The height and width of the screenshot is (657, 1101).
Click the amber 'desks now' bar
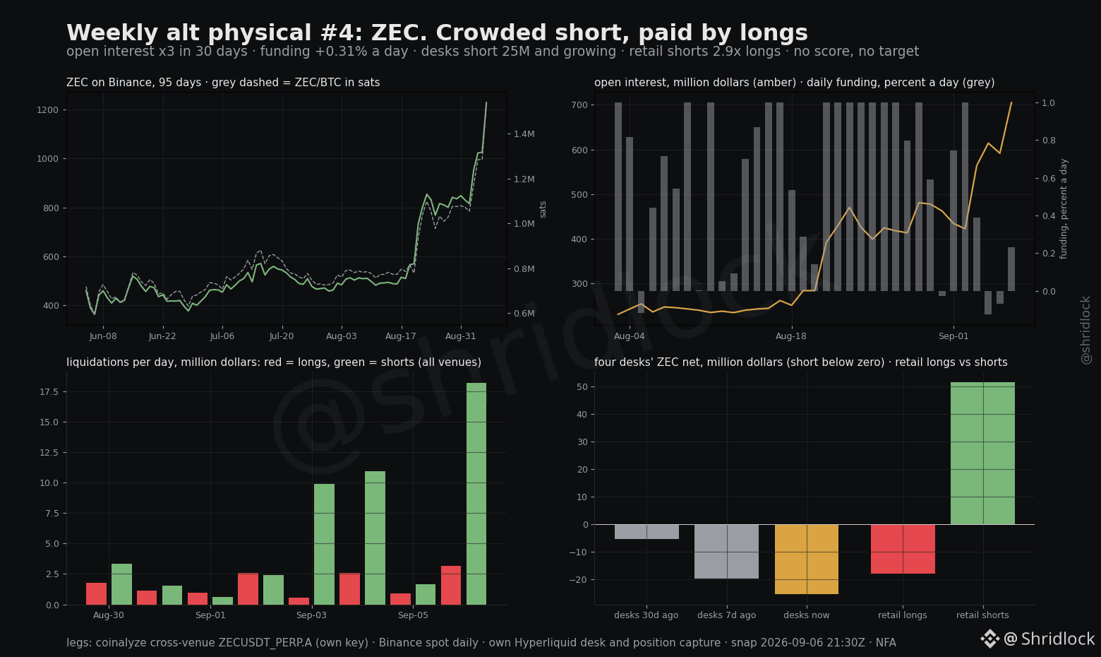point(807,559)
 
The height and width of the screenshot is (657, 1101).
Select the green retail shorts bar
point(982,454)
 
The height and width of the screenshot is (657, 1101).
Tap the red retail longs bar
point(903,549)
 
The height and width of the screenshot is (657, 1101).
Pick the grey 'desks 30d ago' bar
point(646,532)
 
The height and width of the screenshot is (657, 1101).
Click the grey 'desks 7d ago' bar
point(726,552)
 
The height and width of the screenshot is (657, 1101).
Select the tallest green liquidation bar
point(476,494)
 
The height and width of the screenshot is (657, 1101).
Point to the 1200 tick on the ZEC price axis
point(48,109)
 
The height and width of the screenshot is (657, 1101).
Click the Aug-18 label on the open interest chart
point(791,336)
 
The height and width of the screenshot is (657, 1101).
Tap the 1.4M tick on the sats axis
point(524,134)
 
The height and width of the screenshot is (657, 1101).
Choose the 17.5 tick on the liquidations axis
point(49,392)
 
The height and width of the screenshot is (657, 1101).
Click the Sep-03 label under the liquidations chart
point(311,615)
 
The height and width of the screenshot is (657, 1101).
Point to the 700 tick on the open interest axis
point(579,105)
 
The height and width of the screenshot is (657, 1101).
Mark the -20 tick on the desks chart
point(579,580)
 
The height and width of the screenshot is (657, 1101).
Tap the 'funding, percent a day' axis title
point(1064,208)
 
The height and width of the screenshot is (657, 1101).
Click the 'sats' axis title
point(543,209)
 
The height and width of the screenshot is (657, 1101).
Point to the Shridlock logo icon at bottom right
point(989,639)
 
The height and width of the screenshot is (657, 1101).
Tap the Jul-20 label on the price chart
point(282,336)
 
